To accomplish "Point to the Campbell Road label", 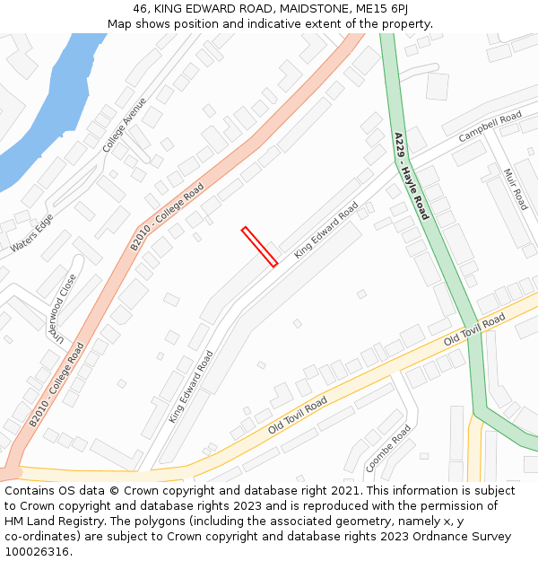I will (x=490, y=127).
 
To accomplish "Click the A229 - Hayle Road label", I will (x=412, y=176).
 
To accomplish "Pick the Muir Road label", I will (x=516, y=189).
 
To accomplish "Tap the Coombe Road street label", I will (x=387, y=448).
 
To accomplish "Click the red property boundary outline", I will (x=259, y=247).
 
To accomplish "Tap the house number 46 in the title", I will (x=140, y=8).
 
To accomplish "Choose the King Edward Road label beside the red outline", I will (x=326, y=230).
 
